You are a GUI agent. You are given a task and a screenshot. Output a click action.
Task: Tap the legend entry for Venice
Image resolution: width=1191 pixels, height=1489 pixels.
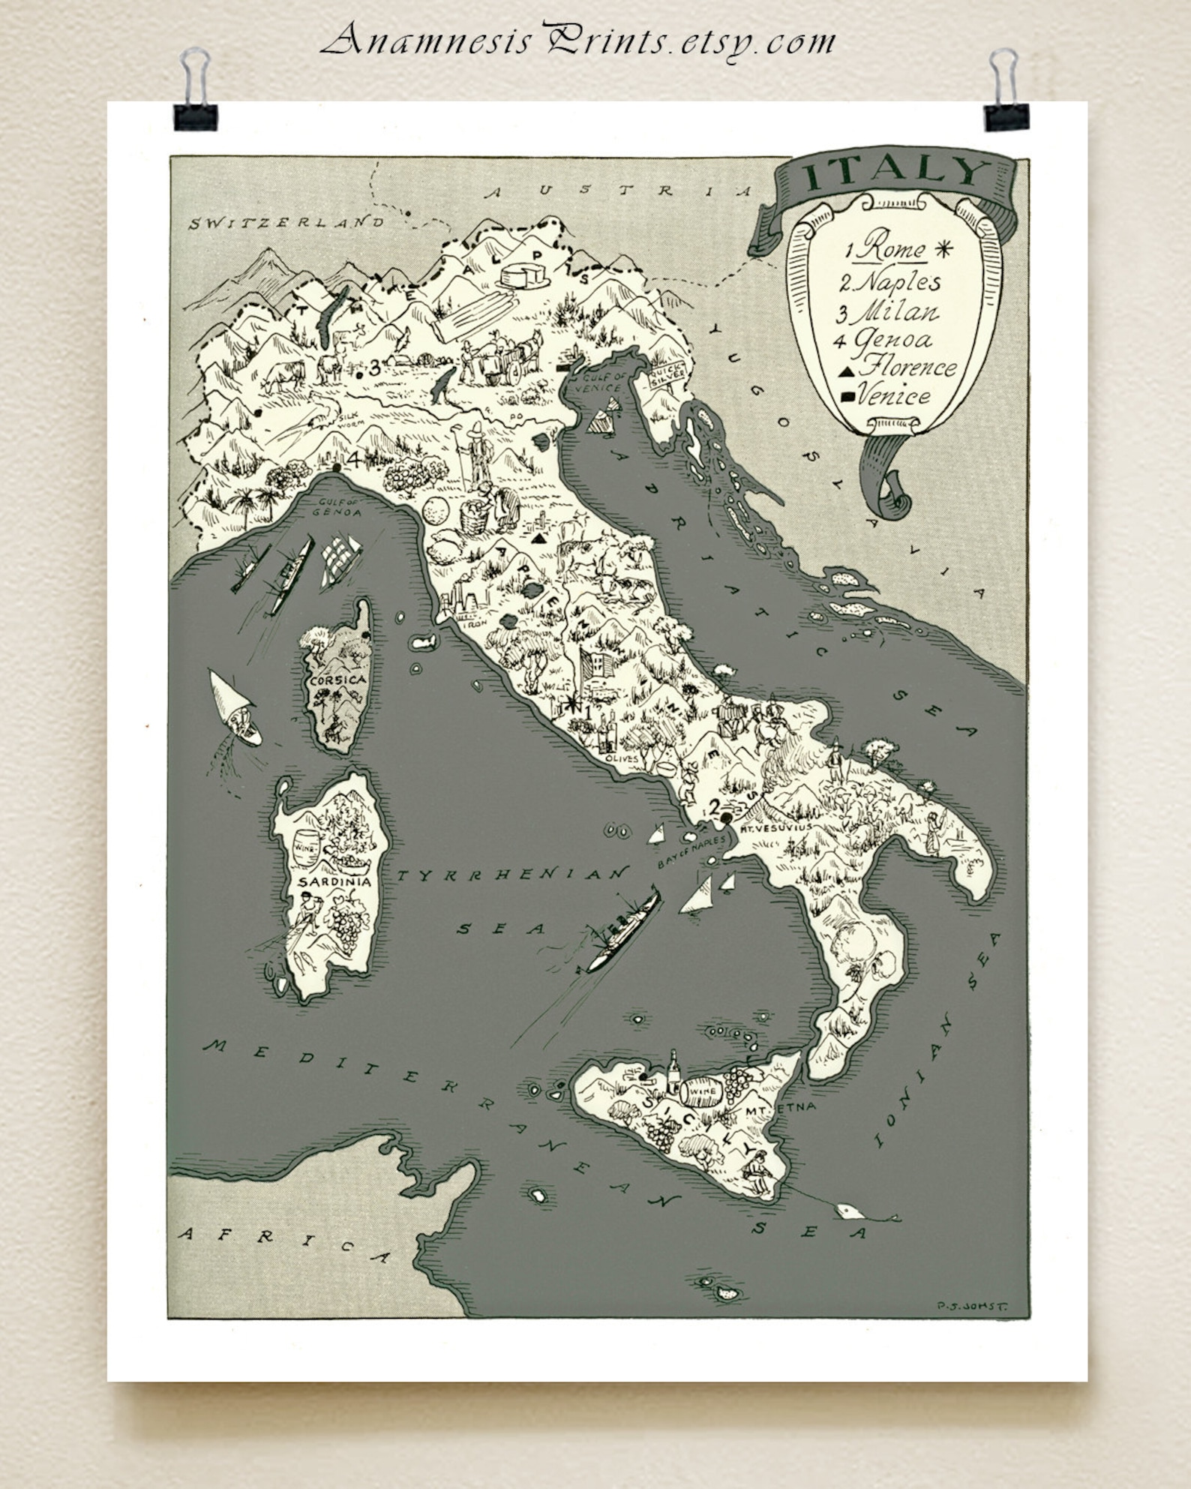coord(892,395)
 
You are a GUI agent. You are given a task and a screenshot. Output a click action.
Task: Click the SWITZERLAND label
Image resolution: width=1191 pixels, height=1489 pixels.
coord(287,223)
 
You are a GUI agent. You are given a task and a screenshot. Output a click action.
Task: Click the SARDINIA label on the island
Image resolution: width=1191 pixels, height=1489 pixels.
coord(334,881)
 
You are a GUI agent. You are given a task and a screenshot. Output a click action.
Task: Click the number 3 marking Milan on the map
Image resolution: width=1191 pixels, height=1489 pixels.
coord(373,368)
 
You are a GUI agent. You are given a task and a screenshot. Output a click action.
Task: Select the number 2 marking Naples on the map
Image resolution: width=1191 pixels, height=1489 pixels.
coord(715,806)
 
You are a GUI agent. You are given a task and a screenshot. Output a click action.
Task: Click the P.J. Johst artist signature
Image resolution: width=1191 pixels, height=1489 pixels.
coord(970,1306)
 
